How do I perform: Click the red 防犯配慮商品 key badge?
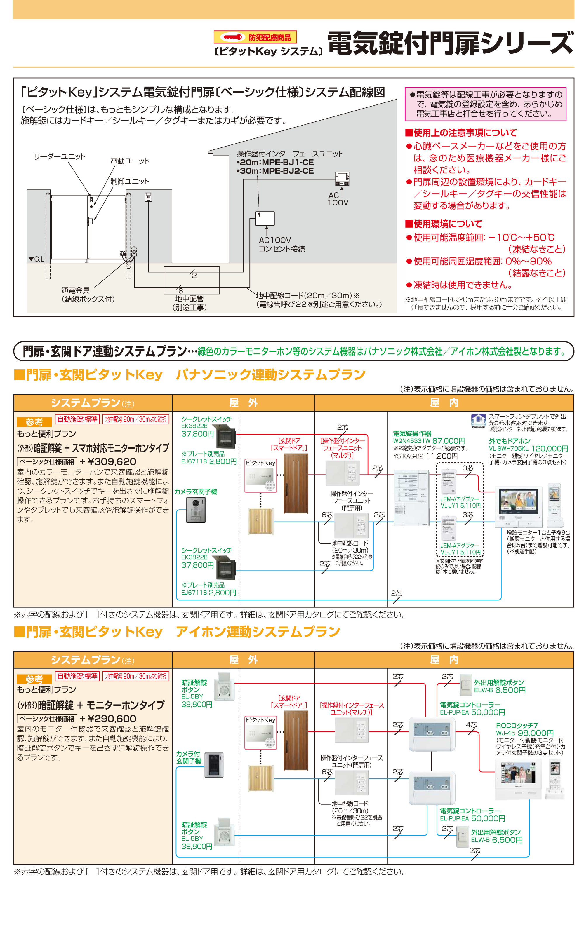point(255,37)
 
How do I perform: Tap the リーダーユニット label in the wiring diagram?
point(60,156)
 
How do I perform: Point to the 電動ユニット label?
point(129,161)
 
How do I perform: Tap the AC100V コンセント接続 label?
point(281,244)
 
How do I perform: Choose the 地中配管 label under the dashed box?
point(189,298)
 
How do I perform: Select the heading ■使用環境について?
point(444,224)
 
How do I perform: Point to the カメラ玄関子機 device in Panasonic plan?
point(196,510)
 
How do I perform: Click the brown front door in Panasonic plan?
point(296,483)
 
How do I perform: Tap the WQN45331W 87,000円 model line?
point(429,441)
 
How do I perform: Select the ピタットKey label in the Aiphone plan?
point(260,720)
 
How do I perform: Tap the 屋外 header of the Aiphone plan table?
point(243,660)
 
